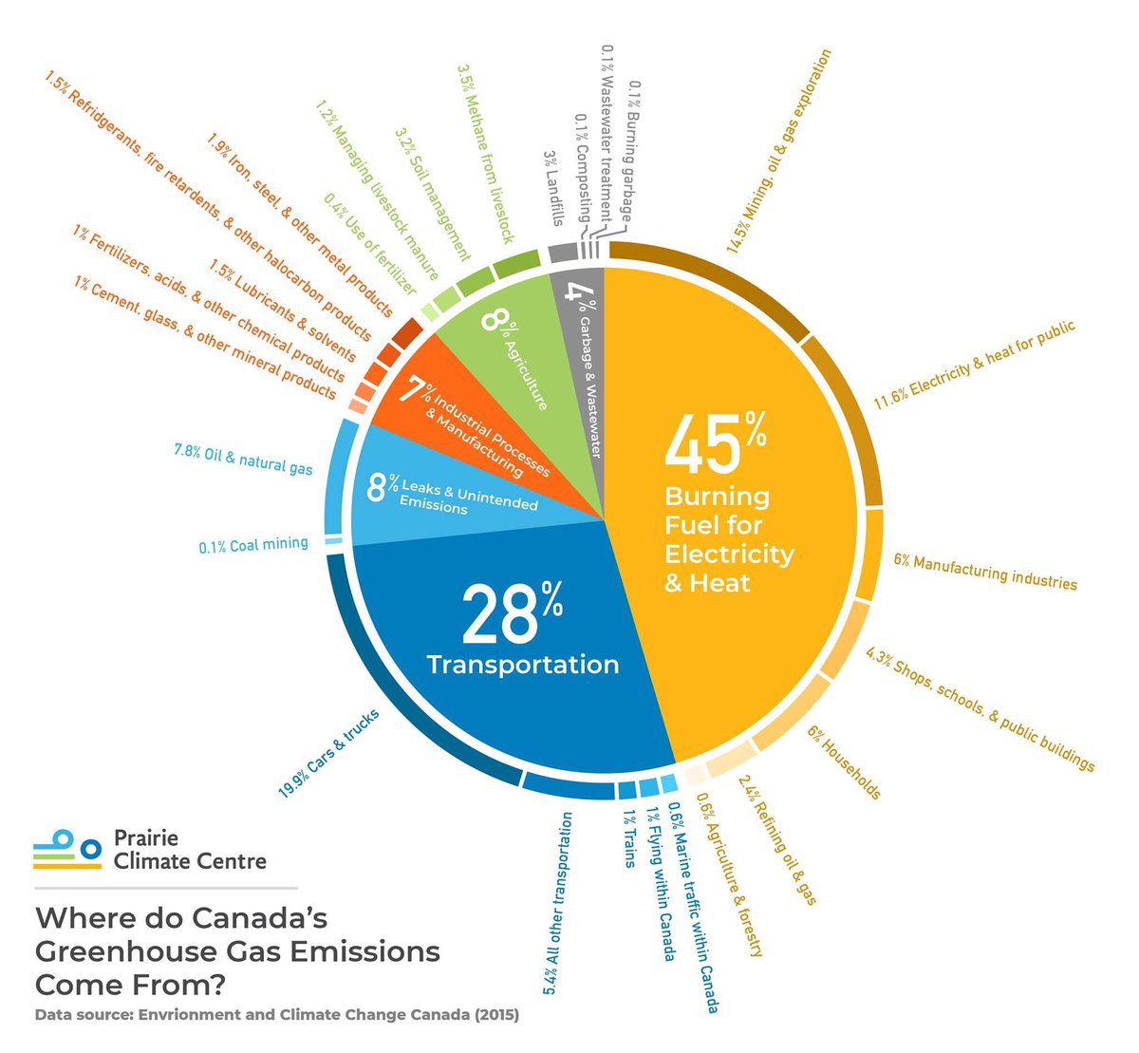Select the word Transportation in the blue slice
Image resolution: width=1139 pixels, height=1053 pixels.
click(523, 664)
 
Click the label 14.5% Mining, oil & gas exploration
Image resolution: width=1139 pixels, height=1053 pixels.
click(778, 152)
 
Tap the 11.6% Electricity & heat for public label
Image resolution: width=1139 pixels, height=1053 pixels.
click(974, 365)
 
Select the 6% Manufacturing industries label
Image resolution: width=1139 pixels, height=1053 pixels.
click(985, 572)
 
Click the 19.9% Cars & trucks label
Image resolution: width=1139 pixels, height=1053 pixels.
click(328, 754)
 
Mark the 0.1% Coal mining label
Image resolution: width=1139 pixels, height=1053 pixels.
click(253, 545)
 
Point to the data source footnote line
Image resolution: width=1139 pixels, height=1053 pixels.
click(277, 1015)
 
